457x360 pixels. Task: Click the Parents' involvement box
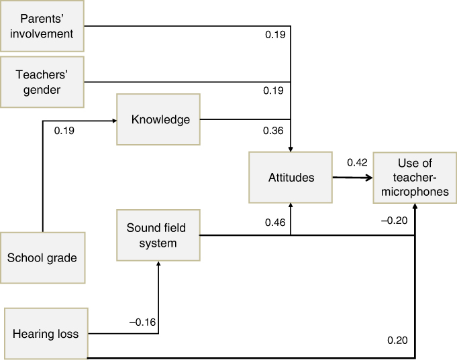[42, 26]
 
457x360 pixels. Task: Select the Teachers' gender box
[42, 82]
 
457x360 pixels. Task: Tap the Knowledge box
[158, 119]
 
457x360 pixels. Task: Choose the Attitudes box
[291, 178]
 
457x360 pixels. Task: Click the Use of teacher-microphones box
[415, 178]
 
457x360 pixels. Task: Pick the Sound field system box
[158, 235]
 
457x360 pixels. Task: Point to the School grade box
[43, 258]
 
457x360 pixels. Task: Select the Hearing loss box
[46, 334]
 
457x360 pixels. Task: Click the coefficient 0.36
[273, 131]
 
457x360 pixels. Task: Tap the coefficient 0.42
[357, 162]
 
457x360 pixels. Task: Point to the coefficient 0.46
[275, 223]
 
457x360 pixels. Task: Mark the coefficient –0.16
[142, 322]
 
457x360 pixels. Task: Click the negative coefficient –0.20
[395, 221]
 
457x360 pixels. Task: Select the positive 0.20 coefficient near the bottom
[397, 340]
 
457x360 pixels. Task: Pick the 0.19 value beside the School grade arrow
[64, 131]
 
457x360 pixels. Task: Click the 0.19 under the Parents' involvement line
[275, 35]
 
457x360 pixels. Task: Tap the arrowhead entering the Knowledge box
[115, 121]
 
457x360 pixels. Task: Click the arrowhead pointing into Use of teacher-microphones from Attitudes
[370, 178]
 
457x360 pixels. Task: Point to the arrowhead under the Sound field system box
[158, 263]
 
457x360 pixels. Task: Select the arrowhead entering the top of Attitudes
[291, 149]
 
